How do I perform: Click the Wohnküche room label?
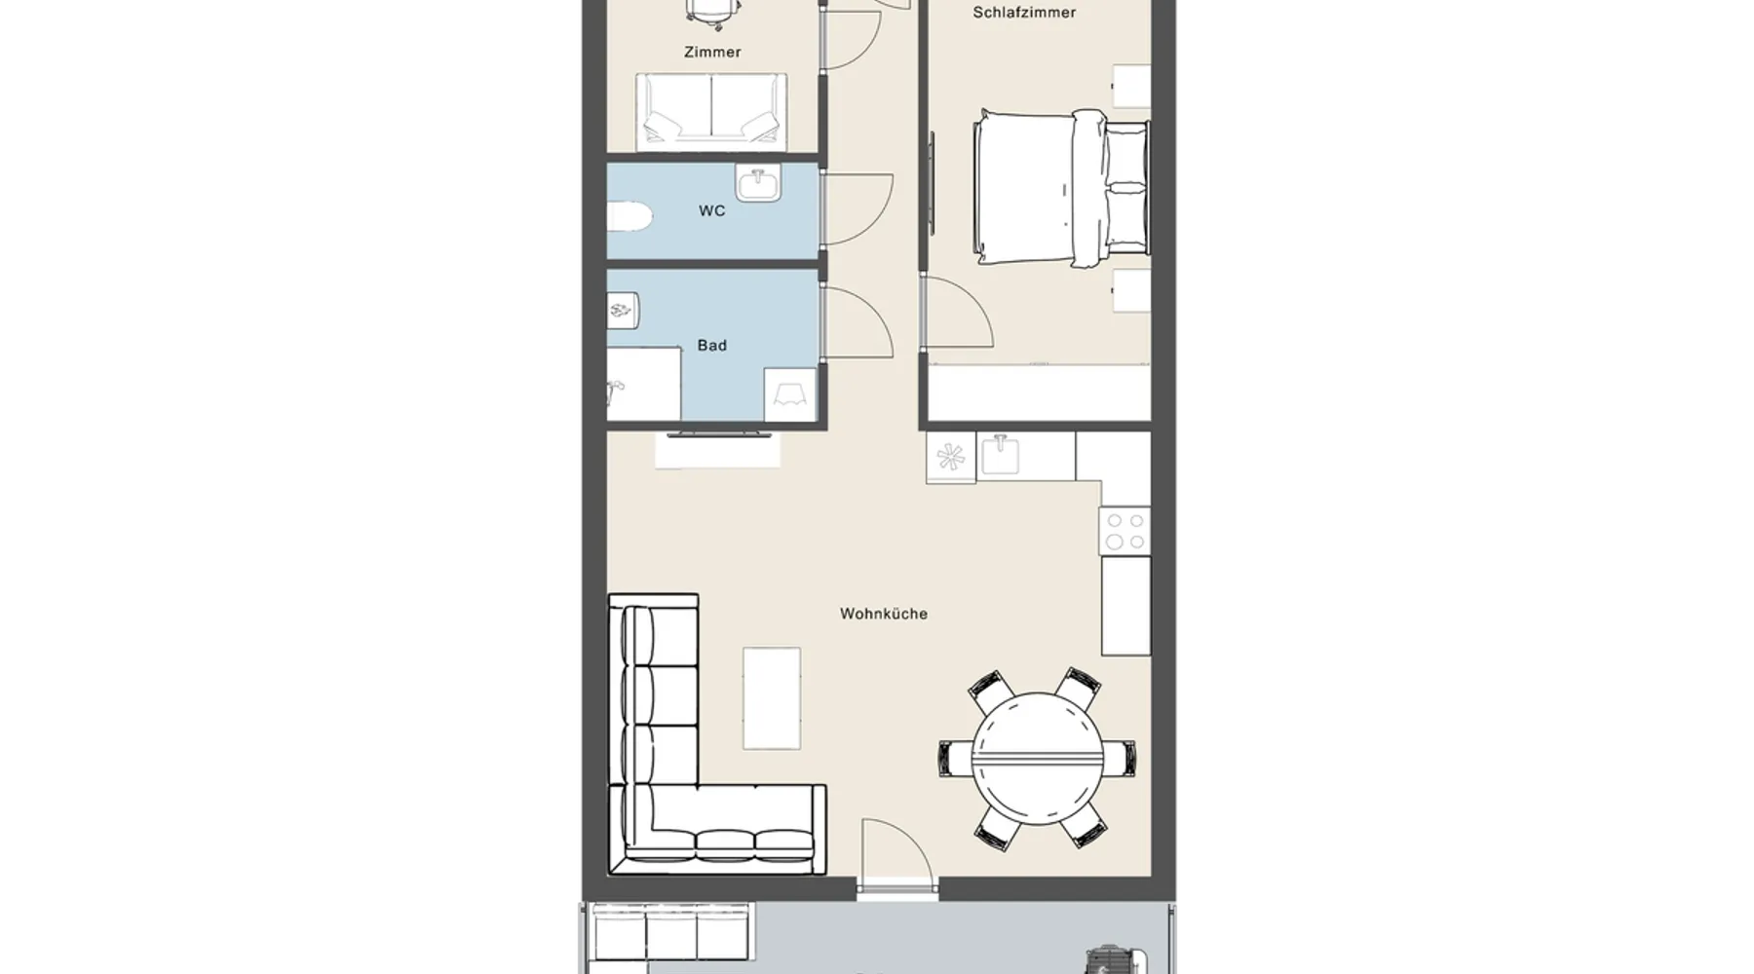883,614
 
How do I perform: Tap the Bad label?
711,345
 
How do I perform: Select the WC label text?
711,210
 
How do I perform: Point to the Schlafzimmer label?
1024,13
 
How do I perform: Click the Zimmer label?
712,52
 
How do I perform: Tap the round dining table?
1037,757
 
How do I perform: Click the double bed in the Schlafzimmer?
1061,188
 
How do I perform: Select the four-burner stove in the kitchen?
1125,531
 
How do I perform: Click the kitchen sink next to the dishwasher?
1001,455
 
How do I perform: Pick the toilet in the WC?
629,216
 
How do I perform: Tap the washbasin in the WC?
758,183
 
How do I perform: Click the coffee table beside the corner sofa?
772,698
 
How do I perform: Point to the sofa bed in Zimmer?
711,112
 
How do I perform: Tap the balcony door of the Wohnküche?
897,855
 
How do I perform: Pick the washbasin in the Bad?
623,311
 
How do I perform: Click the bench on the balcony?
671,932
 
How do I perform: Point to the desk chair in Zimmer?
711,12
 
